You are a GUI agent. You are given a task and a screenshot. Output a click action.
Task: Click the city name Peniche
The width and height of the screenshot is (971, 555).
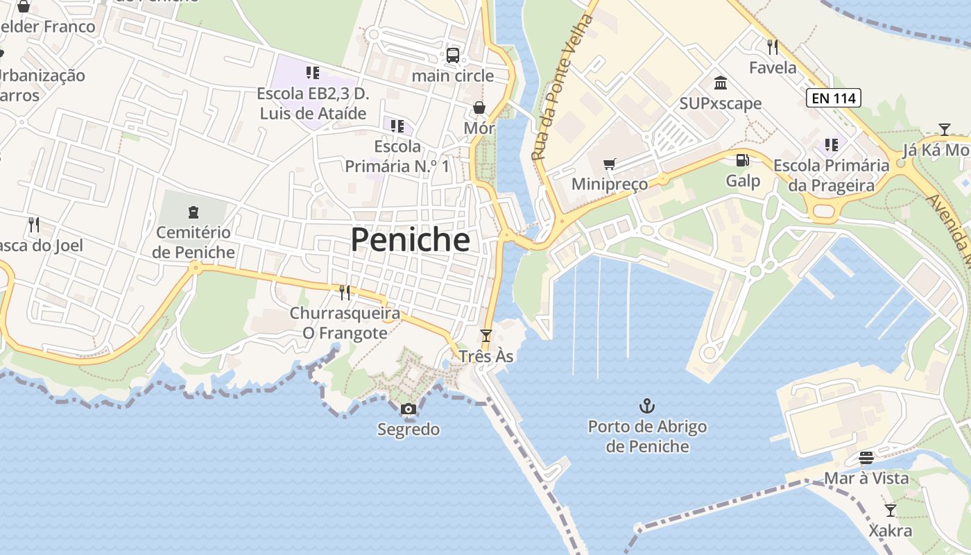point(410,240)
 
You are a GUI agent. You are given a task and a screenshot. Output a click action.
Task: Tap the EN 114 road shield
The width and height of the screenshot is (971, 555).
point(833,99)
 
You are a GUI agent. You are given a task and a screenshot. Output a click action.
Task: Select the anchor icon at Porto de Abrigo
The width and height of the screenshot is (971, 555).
point(647,406)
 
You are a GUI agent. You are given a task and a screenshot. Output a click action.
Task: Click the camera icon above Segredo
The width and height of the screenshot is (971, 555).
point(409,409)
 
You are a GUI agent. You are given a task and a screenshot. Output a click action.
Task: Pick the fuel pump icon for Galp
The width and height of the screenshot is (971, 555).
point(742,160)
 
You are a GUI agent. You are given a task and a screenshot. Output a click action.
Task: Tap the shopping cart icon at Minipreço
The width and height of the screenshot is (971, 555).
point(610,164)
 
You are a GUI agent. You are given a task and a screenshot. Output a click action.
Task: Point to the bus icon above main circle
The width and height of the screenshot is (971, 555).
point(453,55)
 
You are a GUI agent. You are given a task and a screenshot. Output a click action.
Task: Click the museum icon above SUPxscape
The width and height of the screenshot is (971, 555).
point(721,83)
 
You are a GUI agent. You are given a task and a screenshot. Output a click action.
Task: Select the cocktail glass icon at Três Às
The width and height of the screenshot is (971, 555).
point(486,336)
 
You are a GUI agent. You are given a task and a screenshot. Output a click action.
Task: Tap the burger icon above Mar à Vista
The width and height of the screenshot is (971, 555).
point(866,458)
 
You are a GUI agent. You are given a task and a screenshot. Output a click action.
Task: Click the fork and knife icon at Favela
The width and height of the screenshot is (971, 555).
point(773,47)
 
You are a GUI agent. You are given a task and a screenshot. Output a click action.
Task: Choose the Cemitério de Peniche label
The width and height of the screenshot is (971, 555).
point(194,242)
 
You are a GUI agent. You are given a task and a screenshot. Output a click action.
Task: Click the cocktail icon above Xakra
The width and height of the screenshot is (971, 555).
point(891,511)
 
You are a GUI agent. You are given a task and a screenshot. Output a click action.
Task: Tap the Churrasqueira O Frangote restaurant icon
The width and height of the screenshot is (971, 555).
point(345,293)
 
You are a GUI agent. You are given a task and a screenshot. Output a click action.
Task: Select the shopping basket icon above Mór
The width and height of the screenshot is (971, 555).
point(479,108)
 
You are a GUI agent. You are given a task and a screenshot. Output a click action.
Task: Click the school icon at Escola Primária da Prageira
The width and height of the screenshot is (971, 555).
point(831,145)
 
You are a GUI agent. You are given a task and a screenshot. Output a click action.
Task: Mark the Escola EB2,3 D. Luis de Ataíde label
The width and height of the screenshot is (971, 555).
point(312,103)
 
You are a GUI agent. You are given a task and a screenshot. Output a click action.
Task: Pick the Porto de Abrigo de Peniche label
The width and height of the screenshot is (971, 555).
point(647,436)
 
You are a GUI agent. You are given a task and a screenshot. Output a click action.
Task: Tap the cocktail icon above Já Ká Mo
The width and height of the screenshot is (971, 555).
point(944,130)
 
